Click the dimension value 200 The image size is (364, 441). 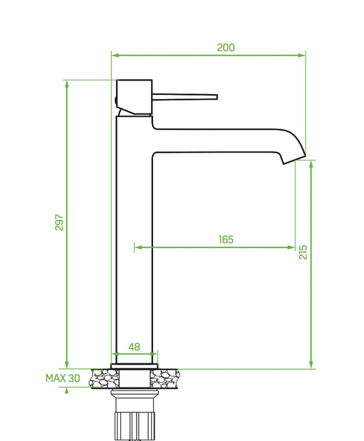225,47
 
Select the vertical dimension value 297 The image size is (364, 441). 59,223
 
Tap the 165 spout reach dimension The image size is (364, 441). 225,239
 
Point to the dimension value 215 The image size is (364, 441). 303,252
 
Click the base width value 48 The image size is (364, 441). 135,348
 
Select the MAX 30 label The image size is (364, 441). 62,378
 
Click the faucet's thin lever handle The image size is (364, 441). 185,96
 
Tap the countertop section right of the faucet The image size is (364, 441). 169,377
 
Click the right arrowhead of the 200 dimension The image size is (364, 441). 303,55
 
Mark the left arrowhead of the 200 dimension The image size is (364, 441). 115,55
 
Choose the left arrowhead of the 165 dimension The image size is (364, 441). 137,246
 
